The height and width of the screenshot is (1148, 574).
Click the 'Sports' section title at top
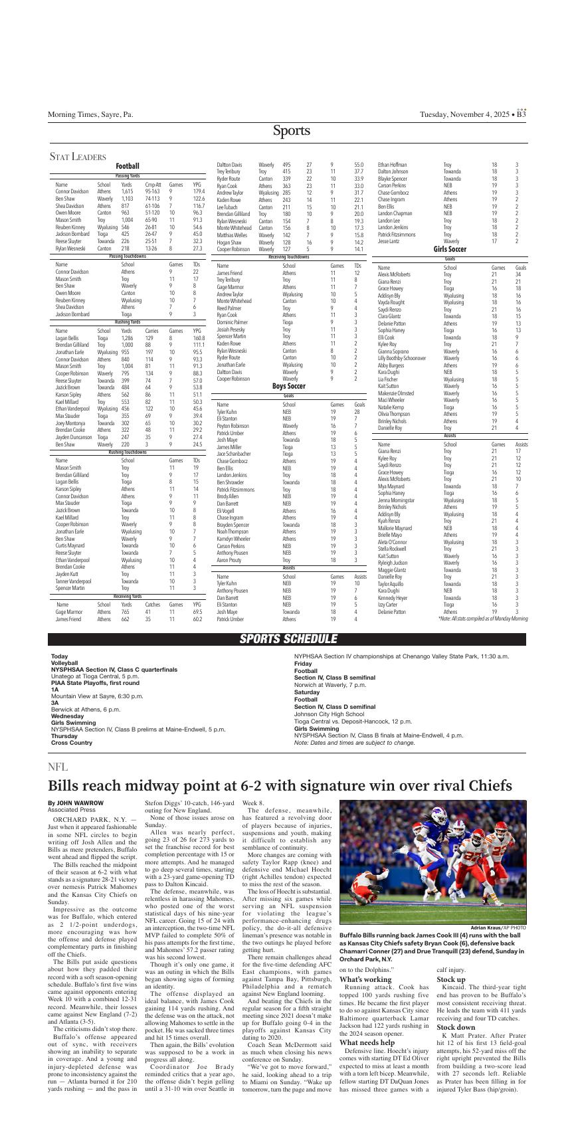coord(291,131)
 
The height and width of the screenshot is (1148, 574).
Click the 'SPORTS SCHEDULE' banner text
coord(288,639)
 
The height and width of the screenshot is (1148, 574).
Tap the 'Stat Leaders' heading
coord(78,157)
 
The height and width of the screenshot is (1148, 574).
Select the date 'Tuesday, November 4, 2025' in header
coord(463,114)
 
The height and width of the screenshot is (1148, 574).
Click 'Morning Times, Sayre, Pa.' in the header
coord(90,114)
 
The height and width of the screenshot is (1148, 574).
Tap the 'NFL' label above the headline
coord(58,767)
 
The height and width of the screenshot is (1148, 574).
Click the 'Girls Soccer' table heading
coord(450,249)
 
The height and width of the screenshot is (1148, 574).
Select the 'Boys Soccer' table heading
coord(288,386)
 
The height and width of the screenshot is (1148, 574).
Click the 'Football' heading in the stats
coord(128,166)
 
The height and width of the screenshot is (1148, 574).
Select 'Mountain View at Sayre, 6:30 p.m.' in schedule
coord(98,695)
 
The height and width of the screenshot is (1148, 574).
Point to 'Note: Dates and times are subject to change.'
coord(354,743)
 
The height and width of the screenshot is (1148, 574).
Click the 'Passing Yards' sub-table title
coord(127,176)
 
